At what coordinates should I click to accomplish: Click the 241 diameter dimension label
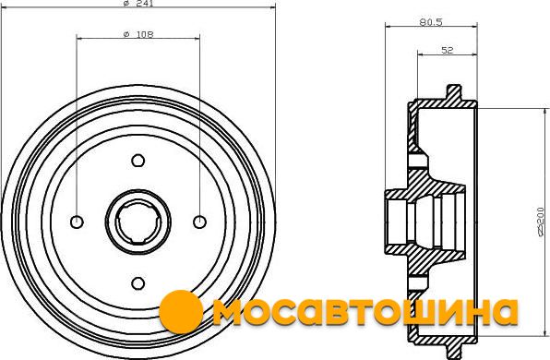tap(138, 3)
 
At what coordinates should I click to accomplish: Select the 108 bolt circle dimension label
tap(138, 34)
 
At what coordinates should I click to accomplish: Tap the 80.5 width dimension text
tap(431, 22)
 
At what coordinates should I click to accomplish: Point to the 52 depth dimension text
tap(447, 50)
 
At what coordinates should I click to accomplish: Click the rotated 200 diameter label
tap(542, 222)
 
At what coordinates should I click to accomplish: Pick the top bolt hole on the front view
tap(138, 161)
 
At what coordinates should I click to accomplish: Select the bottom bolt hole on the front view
tap(138, 283)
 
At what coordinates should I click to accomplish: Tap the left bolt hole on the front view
tap(77, 222)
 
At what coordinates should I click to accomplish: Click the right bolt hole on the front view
tap(200, 222)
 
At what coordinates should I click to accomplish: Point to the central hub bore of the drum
tap(138, 222)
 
